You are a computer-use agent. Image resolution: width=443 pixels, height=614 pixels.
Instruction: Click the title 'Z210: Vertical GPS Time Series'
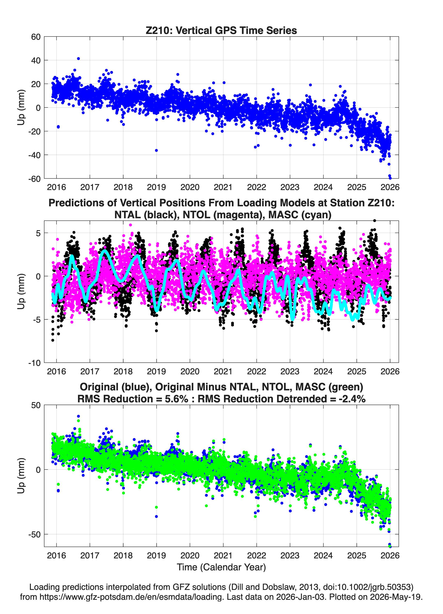221,30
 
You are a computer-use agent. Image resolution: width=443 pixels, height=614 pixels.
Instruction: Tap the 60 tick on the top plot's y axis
36,37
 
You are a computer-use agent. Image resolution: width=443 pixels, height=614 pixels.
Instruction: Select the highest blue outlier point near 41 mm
78,58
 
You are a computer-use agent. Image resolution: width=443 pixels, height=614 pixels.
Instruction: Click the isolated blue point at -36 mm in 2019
156,150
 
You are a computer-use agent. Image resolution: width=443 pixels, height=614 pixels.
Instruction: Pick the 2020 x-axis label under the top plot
190,187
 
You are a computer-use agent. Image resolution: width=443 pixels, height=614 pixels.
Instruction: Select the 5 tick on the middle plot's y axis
38,233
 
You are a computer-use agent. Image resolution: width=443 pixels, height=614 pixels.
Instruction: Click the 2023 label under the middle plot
290,371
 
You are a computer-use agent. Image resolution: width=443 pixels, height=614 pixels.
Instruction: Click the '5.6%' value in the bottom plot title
176,399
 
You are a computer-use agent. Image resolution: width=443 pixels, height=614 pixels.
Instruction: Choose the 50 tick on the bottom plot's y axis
36,405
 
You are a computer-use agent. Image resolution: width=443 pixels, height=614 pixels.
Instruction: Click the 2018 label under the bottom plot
123,556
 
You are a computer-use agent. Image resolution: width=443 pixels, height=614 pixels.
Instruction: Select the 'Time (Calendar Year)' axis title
221,567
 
